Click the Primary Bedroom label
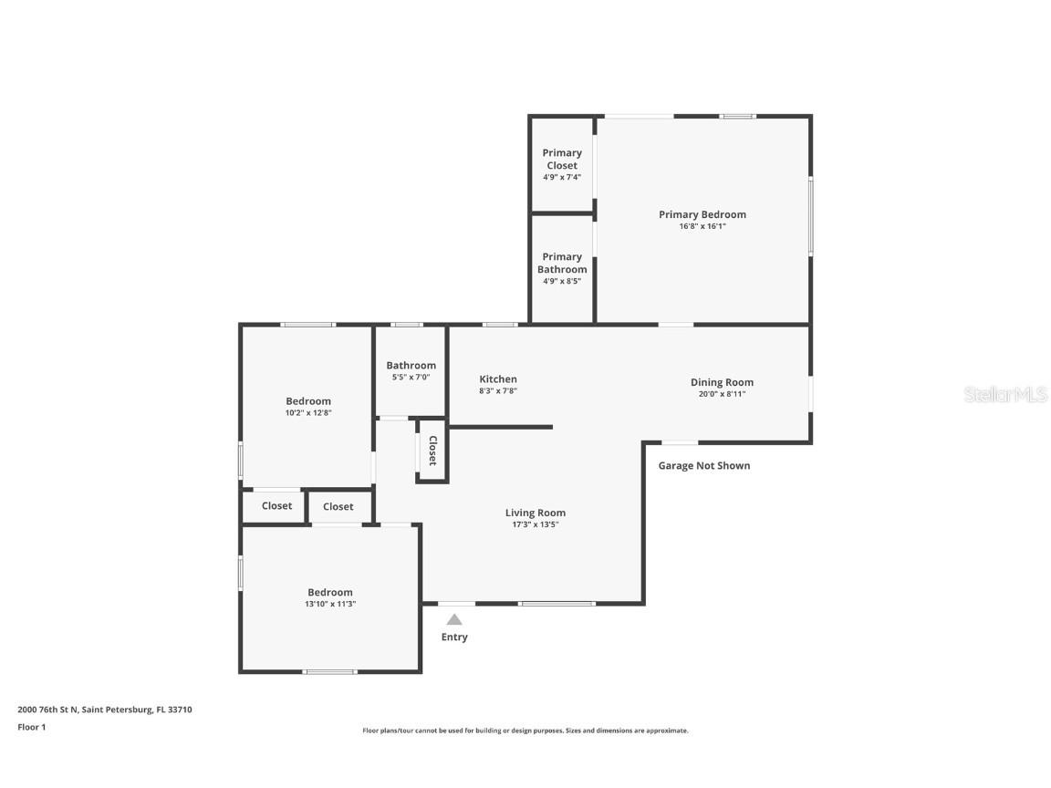coord(702,214)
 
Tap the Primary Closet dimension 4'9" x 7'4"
coord(562,177)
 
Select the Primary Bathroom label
coord(562,263)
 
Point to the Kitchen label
coord(498,379)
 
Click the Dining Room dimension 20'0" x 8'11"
coord(722,394)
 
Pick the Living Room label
coord(536,513)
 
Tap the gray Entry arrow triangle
coord(454,620)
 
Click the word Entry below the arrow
coord(454,638)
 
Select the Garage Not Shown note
coord(704,466)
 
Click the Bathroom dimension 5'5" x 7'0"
coord(411,377)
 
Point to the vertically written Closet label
coord(432,451)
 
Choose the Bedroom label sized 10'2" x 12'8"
coord(308,401)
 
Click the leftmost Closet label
coord(276,506)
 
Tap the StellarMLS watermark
coord(1006,395)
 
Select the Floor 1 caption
coord(31,727)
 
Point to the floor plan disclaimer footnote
coord(525,731)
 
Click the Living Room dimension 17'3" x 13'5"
coord(536,524)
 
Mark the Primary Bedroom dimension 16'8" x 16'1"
coord(702,226)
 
